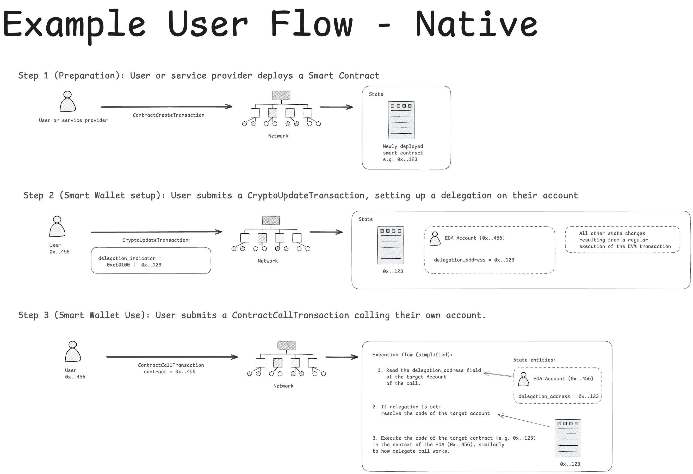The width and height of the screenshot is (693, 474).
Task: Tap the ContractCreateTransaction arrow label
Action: (x=169, y=115)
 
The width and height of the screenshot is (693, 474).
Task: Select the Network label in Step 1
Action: (x=278, y=136)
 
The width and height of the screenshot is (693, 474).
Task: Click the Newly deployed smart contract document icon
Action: (x=401, y=120)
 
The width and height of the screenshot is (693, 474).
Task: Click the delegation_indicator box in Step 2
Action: (x=151, y=260)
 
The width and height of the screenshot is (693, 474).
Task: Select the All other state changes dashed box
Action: (x=622, y=240)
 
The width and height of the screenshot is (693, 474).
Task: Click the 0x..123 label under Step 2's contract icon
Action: (x=393, y=272)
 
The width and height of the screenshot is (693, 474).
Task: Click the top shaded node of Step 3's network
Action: (x=286, y=346)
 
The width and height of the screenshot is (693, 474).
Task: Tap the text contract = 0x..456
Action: (x=169, y=372)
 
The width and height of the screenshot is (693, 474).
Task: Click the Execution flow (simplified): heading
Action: (x=412, y=355)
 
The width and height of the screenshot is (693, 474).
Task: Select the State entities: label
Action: (x=534, y=360)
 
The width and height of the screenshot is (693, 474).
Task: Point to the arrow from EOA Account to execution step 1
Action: (x=498, y=375)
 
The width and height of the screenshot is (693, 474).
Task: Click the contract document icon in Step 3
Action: (x=567, y=438)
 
